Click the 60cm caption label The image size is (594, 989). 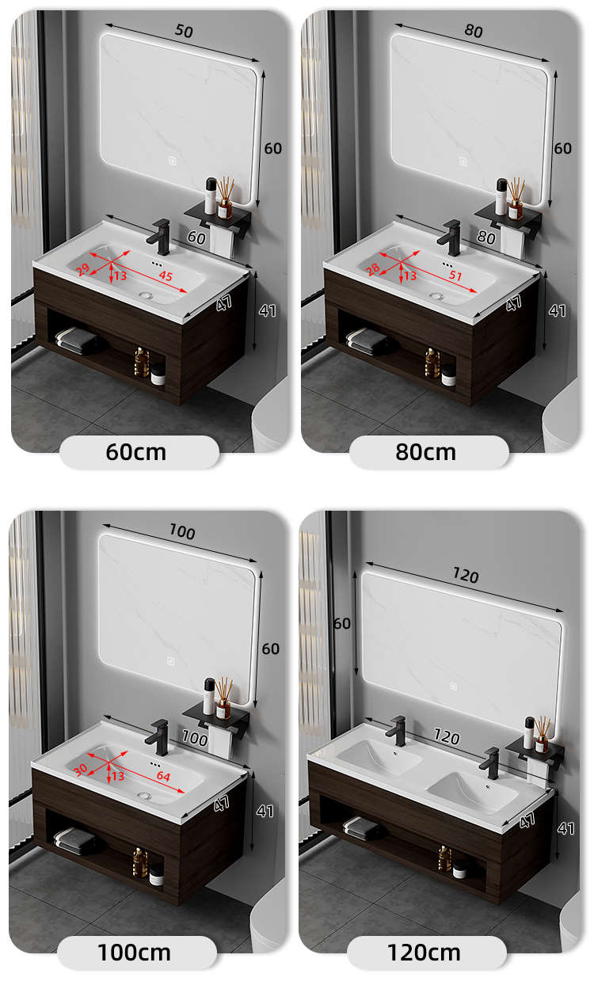136,452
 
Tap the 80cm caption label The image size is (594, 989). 426,452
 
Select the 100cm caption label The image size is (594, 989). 135,953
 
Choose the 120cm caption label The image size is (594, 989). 424,953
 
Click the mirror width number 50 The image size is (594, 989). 184,30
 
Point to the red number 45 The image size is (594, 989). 166,276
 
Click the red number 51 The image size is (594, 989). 455,276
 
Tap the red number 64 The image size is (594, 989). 163,776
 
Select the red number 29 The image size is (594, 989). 82,269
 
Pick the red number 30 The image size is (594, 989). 80,770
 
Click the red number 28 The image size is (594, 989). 373,269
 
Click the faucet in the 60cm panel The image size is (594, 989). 159,237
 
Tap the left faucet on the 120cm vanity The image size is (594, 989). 397,731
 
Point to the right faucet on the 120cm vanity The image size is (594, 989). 490,763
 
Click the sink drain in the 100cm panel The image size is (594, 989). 144,796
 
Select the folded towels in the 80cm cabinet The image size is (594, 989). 366,340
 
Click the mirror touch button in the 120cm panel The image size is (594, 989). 453,686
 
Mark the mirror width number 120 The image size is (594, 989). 466,576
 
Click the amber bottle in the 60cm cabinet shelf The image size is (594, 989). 141,362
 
